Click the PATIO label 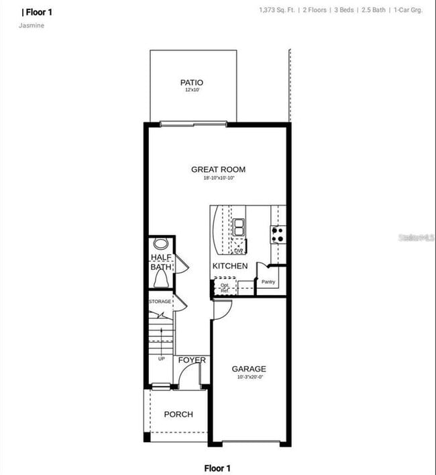coord(192,83)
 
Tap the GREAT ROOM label coord(218,169)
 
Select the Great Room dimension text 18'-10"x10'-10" coord(218,178)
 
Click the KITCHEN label coord(230,266)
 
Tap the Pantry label coord(268,282)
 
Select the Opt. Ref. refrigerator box coord(225,288)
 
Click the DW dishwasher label coord(238,251)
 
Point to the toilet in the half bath coord(160,243)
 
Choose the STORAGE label coord(160,302)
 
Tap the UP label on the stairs coord(162,359)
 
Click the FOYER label coord(192,361)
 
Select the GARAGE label coord(249,369)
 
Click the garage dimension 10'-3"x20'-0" coord(249,378)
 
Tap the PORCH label coord(178,415)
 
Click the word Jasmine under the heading coord(32,26)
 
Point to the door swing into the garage coord(223,310)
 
